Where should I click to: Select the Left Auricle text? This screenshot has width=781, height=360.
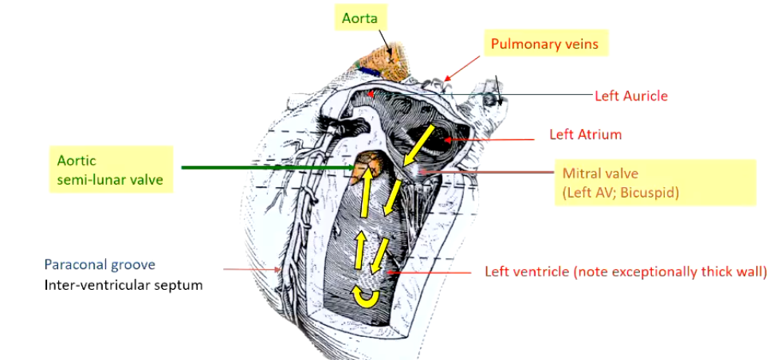pos(631,96)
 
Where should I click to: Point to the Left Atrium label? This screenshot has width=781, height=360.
pos(585,135)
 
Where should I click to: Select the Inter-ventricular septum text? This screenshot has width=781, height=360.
pos(124,284)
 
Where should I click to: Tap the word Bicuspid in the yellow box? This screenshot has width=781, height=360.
pos(651,192)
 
